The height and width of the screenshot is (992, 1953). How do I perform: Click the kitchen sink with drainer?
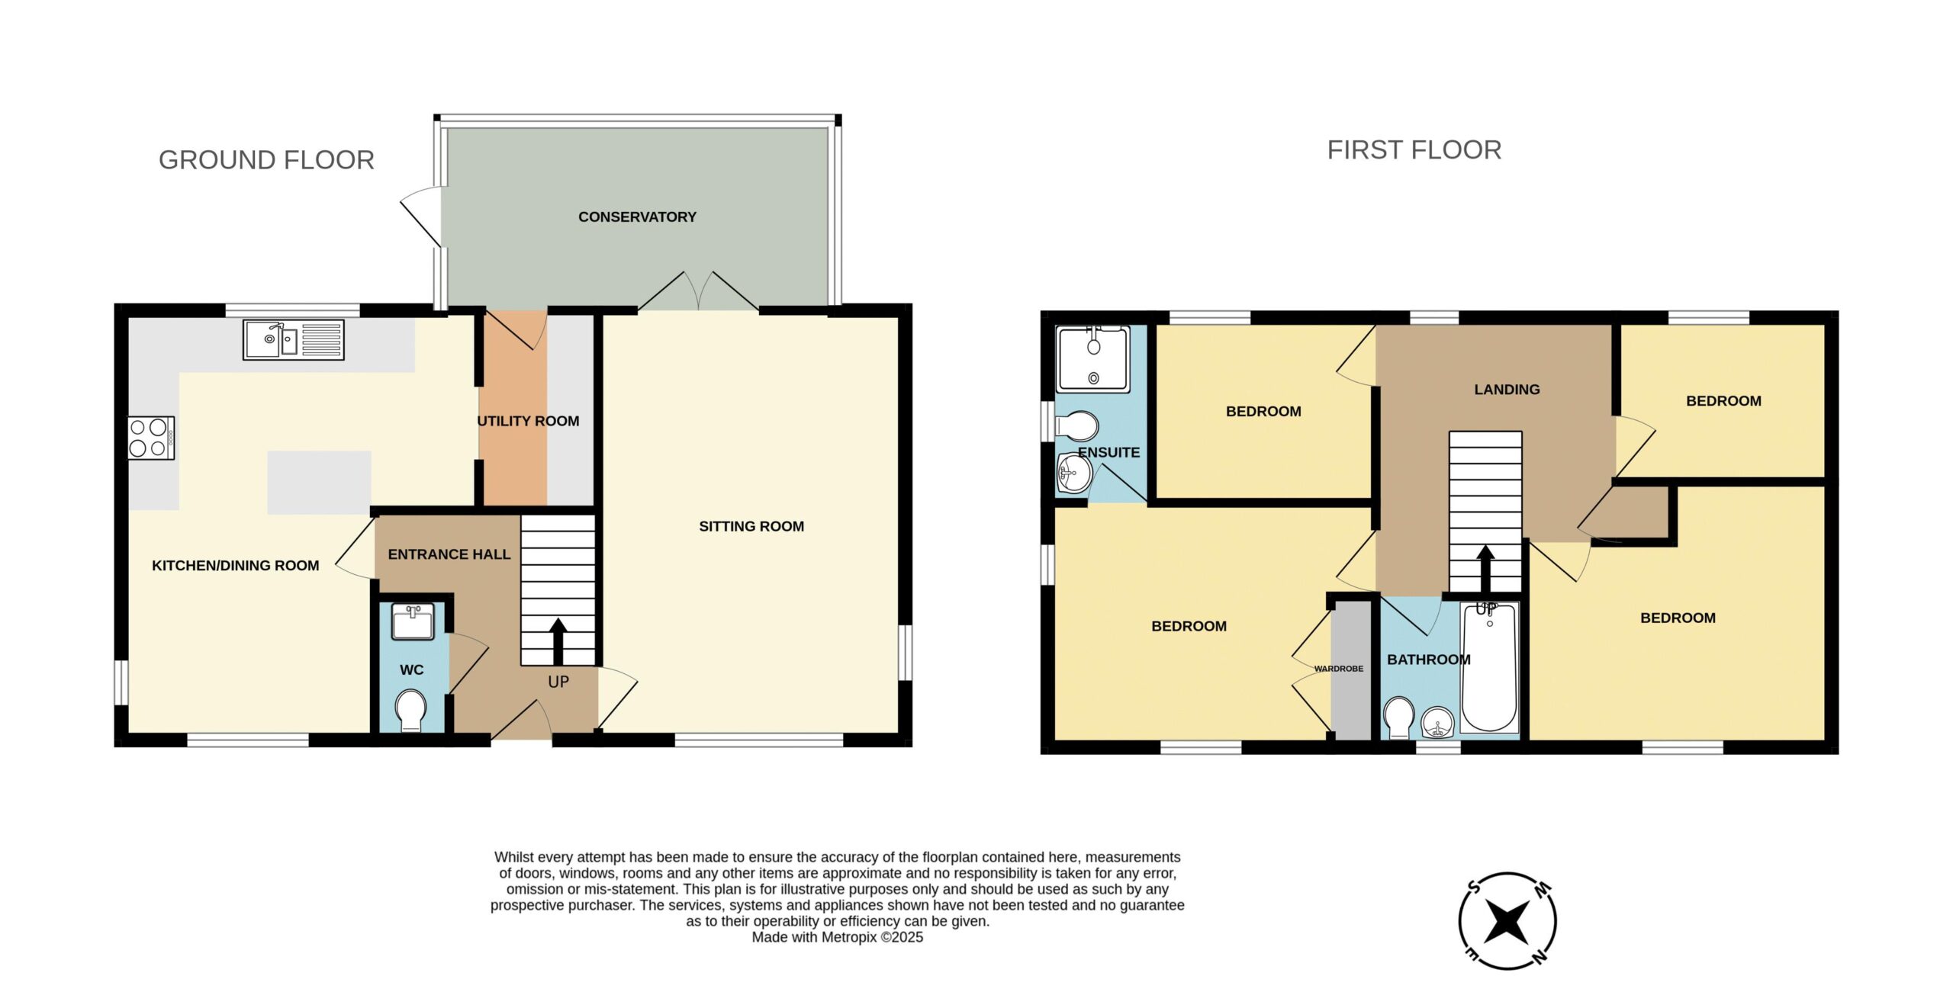coord(294,339)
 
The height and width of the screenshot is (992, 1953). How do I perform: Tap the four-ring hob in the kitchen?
coord(151,438)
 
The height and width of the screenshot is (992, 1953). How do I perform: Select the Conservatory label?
coord(637,217)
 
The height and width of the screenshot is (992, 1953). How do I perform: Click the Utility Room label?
coord(528,421)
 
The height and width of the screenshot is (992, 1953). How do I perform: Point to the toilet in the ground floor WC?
coord(411,711)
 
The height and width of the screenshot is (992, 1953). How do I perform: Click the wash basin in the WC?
coord(413,621)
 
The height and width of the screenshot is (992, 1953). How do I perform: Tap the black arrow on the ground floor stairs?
coord(558,641)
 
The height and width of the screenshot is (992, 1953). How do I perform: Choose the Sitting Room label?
coord(751,526)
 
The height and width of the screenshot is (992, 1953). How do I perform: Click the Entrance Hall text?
coord(449,554)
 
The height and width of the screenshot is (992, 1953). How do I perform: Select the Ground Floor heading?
coord(266,160)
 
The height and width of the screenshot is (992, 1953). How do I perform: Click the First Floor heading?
coord(1414,150)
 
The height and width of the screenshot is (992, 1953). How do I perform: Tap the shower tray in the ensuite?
coord(1092,359)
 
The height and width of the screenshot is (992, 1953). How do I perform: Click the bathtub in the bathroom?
coord(1489,668)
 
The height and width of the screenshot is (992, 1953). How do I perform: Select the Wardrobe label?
coord(1338,669)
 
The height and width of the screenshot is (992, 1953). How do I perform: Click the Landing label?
coord(1507,390)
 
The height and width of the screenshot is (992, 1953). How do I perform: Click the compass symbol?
coord(1507,921)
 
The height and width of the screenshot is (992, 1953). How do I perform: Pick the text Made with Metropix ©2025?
coord(837,937)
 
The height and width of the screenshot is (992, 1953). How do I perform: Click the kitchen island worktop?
coord(319,482)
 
